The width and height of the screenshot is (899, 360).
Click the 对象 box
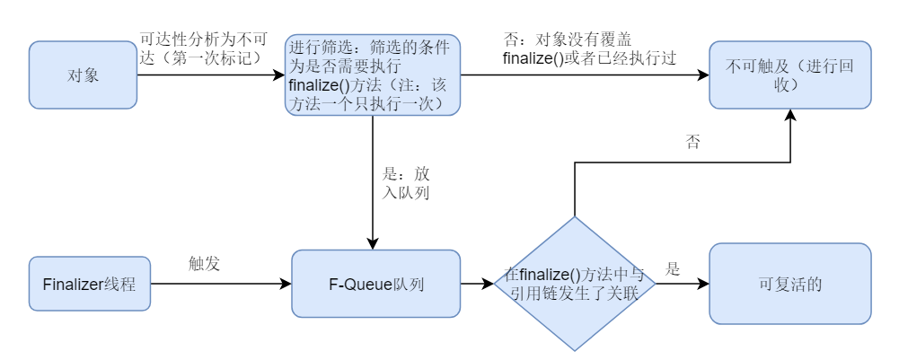click(83, 75)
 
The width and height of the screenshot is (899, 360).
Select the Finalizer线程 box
click(89, 285)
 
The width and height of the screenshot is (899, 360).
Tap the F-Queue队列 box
click(375, 284)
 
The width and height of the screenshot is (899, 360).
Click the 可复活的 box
click(789, 284)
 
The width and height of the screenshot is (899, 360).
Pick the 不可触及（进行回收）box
click(789, 75)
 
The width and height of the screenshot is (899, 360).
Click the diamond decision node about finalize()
click(574, 284)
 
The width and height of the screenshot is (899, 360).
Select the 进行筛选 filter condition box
click(373, 75)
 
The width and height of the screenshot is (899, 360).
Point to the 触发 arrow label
click(204, 264)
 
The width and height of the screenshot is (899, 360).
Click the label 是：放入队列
click(406, 182)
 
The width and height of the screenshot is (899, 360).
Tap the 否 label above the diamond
click(692, 142)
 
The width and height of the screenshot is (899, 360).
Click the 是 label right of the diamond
click(673, 269)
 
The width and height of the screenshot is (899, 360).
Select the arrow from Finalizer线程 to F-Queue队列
click(220, 284)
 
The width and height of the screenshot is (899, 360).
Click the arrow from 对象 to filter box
click(211, 75)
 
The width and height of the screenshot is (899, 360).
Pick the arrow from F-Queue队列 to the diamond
click(477, 284)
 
